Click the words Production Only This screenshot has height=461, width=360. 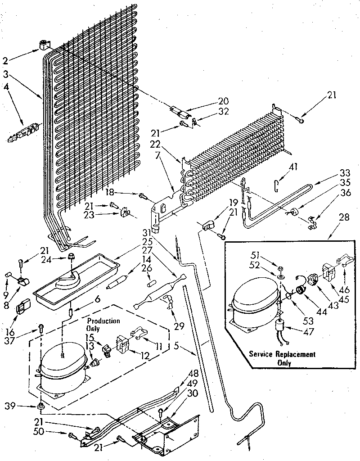(103, 324)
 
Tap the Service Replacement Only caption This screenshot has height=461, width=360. (282, 358)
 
